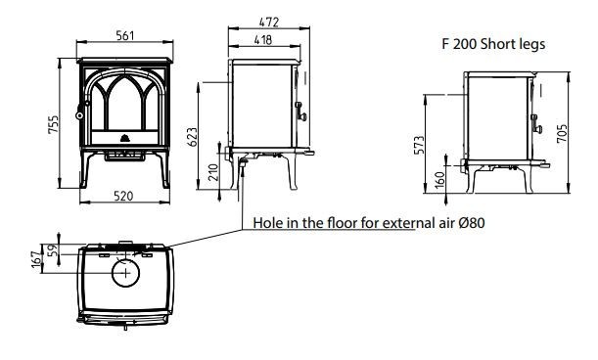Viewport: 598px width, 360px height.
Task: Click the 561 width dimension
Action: (125, 35)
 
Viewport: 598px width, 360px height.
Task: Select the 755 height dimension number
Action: (54, 124)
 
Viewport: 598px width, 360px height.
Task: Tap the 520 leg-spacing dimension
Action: (123, 196)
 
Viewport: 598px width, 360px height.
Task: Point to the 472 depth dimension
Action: (269, 22)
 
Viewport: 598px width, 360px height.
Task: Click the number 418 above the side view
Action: (263, 40)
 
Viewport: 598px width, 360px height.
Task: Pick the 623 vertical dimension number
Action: (193, 137)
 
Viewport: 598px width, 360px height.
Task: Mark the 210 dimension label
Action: (213, 172)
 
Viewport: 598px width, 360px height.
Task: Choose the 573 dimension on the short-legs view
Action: (419, 145)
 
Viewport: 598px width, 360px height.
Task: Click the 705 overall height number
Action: (562, 134)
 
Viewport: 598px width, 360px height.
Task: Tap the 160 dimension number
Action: (439, 180)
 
